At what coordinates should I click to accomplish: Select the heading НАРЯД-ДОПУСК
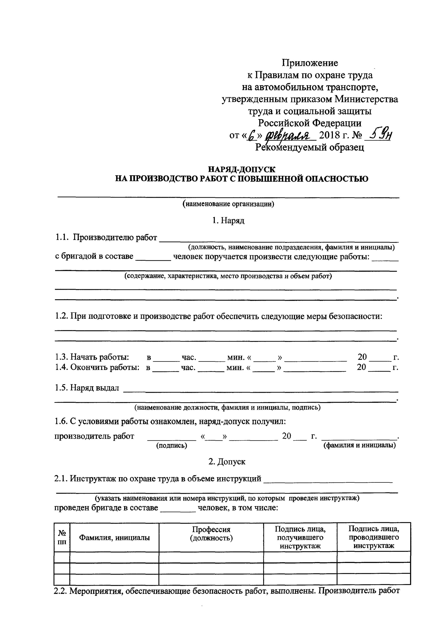point(242,169)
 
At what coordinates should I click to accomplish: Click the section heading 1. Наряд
point(228,220)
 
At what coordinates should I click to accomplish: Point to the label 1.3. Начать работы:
point(92,357)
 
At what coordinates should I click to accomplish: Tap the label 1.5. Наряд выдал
point(87,388)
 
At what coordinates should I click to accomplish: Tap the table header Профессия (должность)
point(211,534)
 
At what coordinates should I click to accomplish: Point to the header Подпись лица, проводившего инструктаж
point(374,537)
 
